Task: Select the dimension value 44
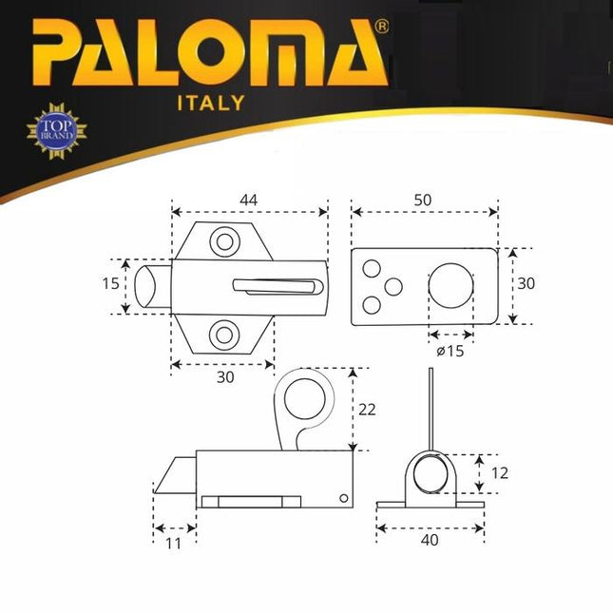pos(249,200)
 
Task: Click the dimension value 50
pos(424,200)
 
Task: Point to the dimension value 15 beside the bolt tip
pos(111,283)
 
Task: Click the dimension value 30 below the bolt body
pos(225,376)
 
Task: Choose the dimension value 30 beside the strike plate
pos(527,284)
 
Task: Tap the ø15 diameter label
pos(450,351)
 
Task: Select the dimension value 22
pos(367,409)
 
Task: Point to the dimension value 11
pos(174,543)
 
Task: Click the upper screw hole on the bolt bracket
pos(225,241)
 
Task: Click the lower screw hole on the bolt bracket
pos(225,333)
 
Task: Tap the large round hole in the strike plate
pos(450,287)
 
